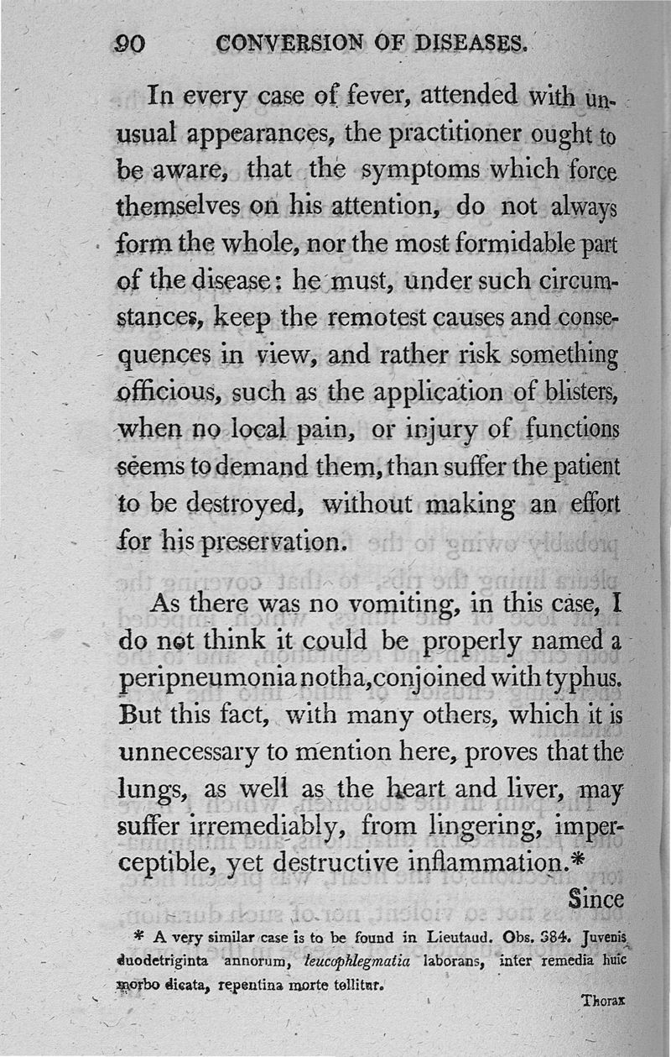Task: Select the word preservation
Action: click(x=261, y=542)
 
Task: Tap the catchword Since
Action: click(x=595, y=899)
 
